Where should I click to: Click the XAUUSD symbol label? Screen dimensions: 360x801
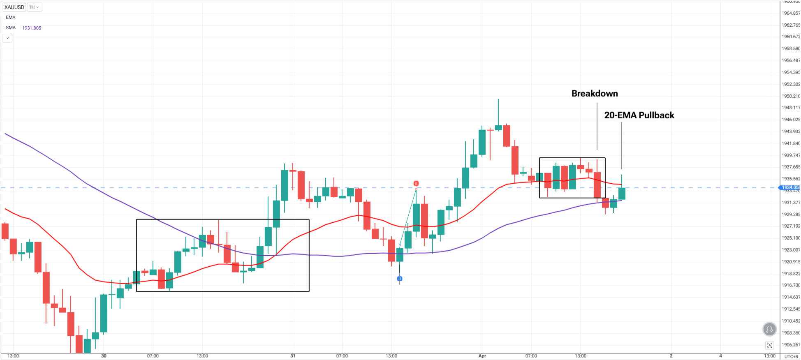[14, 7]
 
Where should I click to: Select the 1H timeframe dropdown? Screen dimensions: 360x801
[34, 7]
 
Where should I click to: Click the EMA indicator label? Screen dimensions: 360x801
[11, 17]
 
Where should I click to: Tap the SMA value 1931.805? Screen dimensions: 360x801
[32, 28]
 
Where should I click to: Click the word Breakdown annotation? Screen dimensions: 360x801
[595, 94]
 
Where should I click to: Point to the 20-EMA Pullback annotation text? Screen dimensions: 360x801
[639, 115]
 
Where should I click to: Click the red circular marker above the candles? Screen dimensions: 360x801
[416, 183]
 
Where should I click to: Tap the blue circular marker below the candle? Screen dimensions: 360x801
[400, 279]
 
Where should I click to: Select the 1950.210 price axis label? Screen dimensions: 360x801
[790, 96]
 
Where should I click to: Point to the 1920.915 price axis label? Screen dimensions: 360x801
[790, 262]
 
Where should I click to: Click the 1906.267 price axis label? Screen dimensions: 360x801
[790, 345]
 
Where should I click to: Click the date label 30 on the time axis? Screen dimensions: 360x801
[104, 356]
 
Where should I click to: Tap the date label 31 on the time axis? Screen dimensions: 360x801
[293, 356]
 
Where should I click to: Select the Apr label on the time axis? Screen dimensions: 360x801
[482, 356]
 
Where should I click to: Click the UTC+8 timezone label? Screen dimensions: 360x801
[791, 356]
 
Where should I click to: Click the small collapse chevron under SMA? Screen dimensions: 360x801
[7, 38]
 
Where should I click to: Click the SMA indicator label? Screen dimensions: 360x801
[11, 28]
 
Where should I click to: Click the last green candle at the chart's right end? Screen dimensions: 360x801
[622, 194]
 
